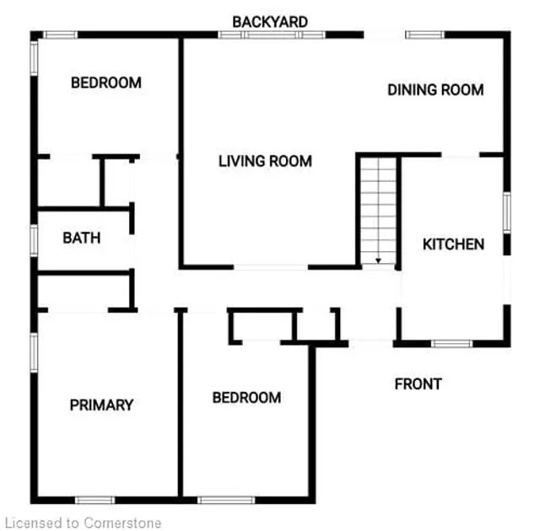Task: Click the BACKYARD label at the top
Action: pyautogui.click(x=270, y=22)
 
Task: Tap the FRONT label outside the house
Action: pyautogui.click(x=418, y=384)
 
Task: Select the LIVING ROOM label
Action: pyautogui.click(x=265, y=161)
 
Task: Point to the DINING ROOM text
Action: pyautogui.click(x=435, y=90)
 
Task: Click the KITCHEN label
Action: pyautogui.click(x=453, y=244)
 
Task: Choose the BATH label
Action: pyautogui.click(x=82, y=238)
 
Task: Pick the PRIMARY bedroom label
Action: pyautogui.click(x=101, y=405)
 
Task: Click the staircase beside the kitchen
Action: pyautogui.click(x=379, y=211)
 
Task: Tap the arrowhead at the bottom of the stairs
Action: pyautogui.click(x=379, y=261)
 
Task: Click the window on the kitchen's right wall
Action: pyautogui.click(x=507, y=213)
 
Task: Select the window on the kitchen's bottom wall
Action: pyautogui.click(x=452, y=343)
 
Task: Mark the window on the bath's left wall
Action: pyautogui.click(x=34, y=240)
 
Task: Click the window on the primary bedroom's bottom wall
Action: pyautogui.click(x=95, y=500)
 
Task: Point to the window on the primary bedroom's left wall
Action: pyautogui.click(x=34, y=352)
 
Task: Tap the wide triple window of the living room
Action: pyautogui.click(x=272, y=35)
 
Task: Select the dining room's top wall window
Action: pyautogui.click(x=425, y=35)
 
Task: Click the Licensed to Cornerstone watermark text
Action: pyautogui.click(x=84, y=523)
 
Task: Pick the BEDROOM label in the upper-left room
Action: pyautogui.click(x=106, y=83)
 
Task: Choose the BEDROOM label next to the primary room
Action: pyautogui.click(x=246, y=398)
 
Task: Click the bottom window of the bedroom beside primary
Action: pyautogui.click(x=226, y=500)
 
